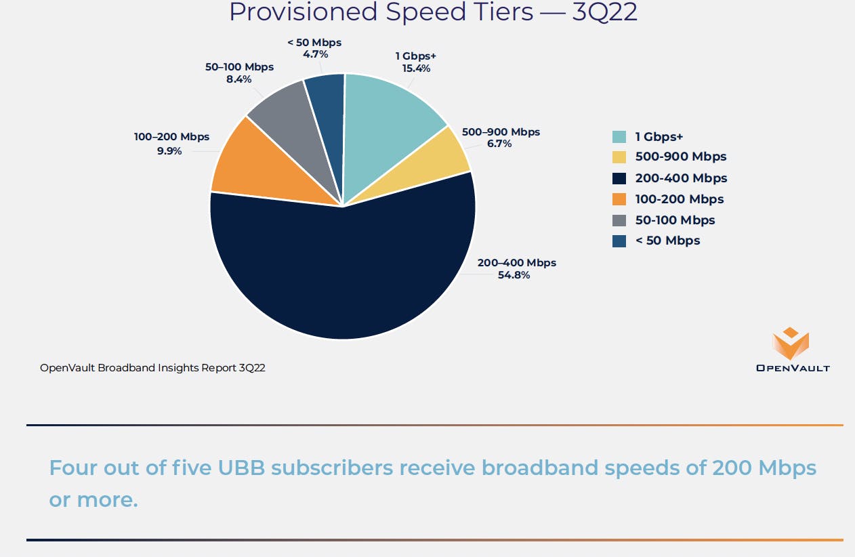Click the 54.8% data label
tap(514, 275)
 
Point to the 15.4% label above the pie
tap(415, 68)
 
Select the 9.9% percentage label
tap(169, 151)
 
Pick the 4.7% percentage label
tap(315, 54)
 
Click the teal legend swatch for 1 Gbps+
tap(619, 136)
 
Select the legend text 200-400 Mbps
tap(681, 178)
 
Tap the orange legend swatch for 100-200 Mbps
tap(619, 199)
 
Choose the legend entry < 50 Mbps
tap(667, 241)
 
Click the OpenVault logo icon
tap(791, 344)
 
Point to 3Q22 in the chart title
tap(604, 12)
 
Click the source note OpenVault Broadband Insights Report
tap(152, 368)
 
